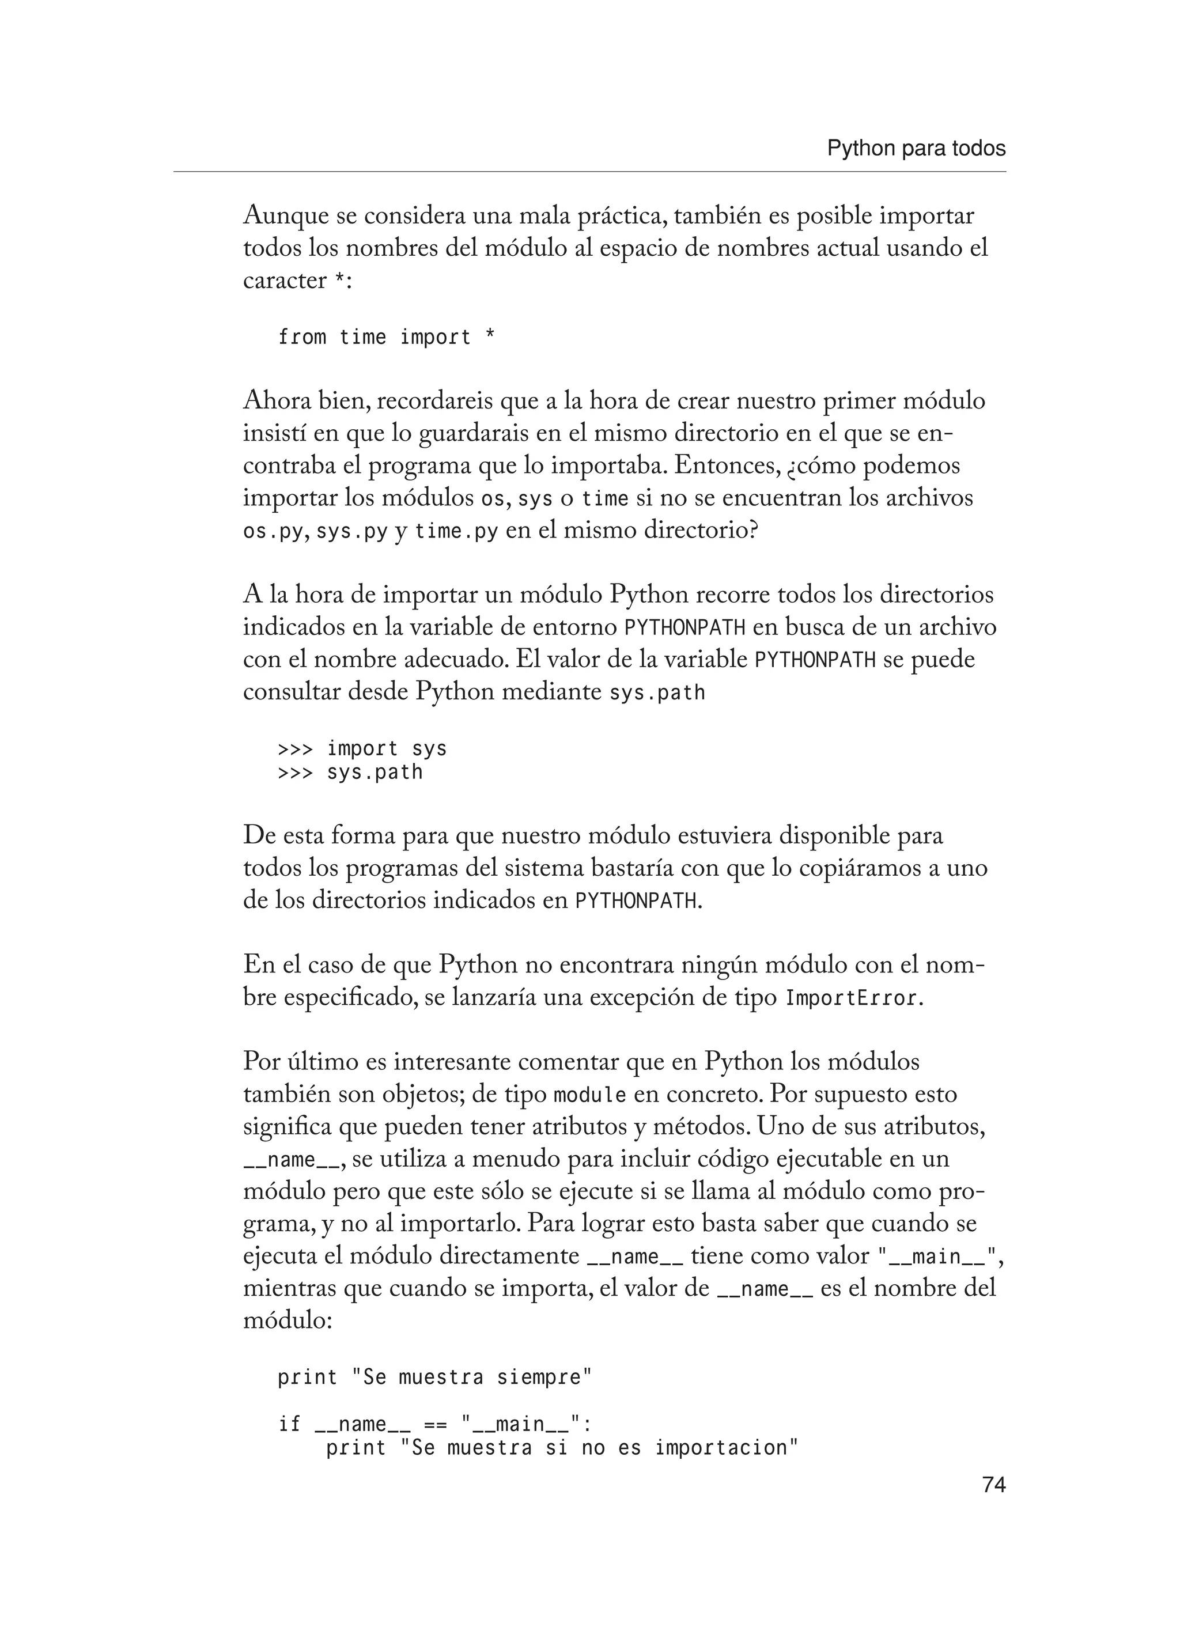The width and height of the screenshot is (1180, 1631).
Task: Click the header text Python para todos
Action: [x=916, y=149]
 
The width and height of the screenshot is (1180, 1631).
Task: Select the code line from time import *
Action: [x=386, y=336]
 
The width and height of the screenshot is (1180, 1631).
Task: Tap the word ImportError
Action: [x=852, y=999]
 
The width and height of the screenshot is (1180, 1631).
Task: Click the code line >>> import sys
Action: [x=362, y=748]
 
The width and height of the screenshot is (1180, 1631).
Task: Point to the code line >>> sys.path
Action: [x=350, y=773]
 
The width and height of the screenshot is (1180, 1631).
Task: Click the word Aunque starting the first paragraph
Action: [x=285, y=215]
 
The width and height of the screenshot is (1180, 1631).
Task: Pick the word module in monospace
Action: [x=589, y=1095]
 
